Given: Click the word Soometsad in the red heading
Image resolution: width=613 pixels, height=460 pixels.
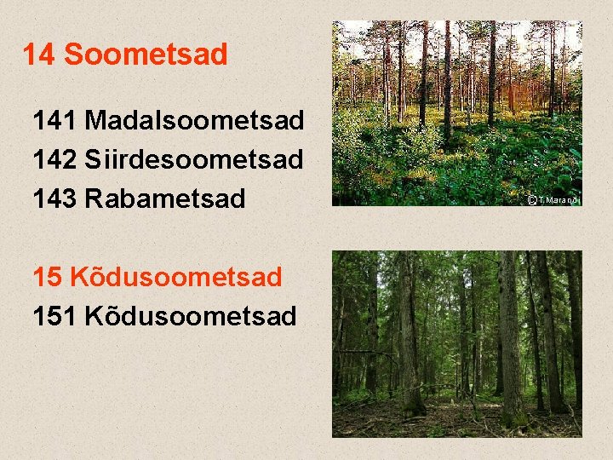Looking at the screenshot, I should pyautogui.click(x=146, y=55).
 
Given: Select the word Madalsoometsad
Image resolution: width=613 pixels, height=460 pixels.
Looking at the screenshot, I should pyautogui.click(x=194, y=121).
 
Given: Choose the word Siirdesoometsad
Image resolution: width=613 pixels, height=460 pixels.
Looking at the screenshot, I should pyautogui.click(x=194, y=159).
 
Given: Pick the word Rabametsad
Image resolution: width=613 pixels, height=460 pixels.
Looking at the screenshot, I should pyautogui.click(x=165, y=198).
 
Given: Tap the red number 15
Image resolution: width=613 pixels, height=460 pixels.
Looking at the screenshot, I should pyautogui.click(x=47, y=277).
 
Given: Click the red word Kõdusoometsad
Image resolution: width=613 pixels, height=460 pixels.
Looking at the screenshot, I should pyautogui.click(x=175, y=277).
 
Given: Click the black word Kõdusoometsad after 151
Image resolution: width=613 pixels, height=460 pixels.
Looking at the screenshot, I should pyautogui.click(x=191, y=316).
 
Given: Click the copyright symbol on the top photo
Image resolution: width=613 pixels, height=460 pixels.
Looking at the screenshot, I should pyautogui.click(x=531, y=200).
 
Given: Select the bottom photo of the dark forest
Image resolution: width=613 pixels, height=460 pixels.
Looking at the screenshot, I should pyautogui.click(x=456, y=343).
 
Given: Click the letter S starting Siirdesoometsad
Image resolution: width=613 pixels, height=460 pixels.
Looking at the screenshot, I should pyautogui.click(x=93, y=159).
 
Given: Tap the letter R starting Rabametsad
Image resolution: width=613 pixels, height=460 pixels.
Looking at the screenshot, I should pyautogui.click(x=94, y=198).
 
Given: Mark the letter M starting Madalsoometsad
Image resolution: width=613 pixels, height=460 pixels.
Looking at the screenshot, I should pyautogui.click(x=95, y=121).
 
